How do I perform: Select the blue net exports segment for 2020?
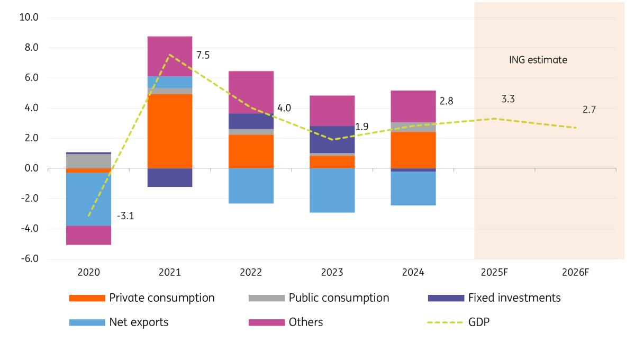[x=88, y=199]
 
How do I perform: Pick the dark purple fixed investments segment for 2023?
[x=332, y=139]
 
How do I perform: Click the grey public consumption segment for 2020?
[x=88, y=161]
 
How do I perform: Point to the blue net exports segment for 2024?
[x=413, y=188]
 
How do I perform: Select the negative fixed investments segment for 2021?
[x=170, y=177]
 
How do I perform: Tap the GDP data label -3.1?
[x=125, y=215]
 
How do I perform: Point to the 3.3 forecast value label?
[x=507, y=99]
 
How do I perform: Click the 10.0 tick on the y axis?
[x=29, y=17]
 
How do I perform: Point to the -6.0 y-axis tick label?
[x=29, y=259]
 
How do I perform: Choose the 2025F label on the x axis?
[x=494, y=273]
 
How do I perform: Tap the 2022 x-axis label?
[x=251, y=273]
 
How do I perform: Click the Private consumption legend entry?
[x=161, y=298]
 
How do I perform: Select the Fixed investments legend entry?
[x=514, y=298]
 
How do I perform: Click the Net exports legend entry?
[x=138, y=322]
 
